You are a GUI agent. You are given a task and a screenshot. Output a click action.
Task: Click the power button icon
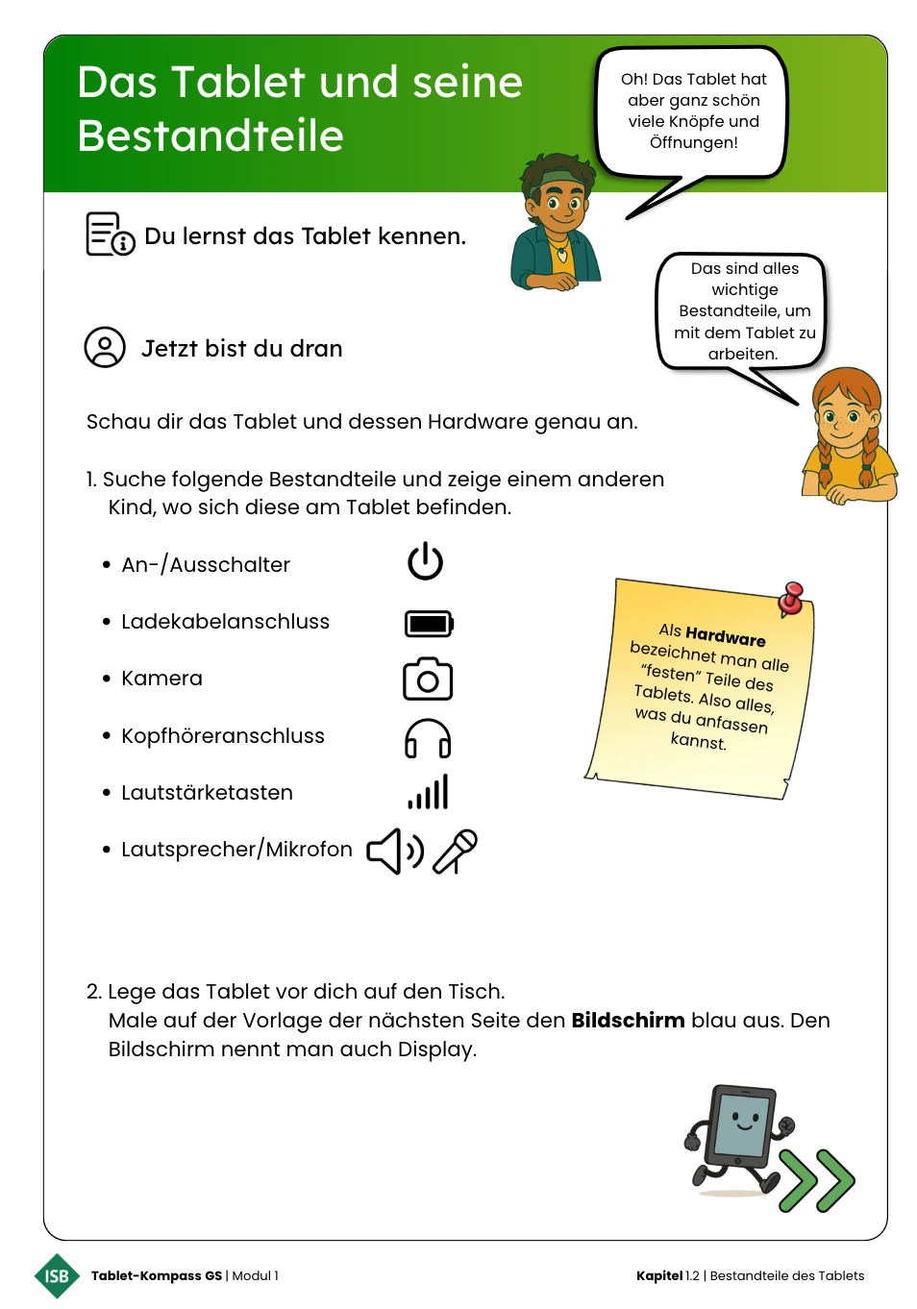click(425, 561)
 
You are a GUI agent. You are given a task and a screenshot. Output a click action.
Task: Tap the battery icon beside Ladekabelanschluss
click(429, 624)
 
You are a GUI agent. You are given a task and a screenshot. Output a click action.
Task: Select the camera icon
click(428, 679)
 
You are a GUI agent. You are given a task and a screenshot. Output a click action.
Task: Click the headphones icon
click(428, 738)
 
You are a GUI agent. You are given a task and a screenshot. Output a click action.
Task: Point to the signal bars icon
click(429, 793)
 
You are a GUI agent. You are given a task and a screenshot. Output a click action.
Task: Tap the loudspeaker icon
click(394, 851)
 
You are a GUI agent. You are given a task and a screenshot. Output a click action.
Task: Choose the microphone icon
click(456, 851)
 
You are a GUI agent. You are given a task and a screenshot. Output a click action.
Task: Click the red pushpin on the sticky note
click(792, 597)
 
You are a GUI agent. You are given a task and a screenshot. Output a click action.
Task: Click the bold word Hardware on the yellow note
click(726, 636)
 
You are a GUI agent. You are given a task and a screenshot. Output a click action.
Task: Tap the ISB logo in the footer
click(57, 1275)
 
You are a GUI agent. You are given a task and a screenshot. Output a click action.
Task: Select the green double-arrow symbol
click(817, 1179)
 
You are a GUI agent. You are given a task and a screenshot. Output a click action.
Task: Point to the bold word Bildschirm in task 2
click(628, 1021)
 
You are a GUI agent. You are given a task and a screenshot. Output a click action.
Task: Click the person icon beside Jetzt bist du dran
click(105, 348)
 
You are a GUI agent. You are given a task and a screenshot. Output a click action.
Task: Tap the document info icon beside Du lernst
click(110, 235)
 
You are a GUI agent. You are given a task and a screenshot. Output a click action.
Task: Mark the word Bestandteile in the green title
click(211, 136)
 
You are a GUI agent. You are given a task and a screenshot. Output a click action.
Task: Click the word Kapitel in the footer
click(658, 1276)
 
